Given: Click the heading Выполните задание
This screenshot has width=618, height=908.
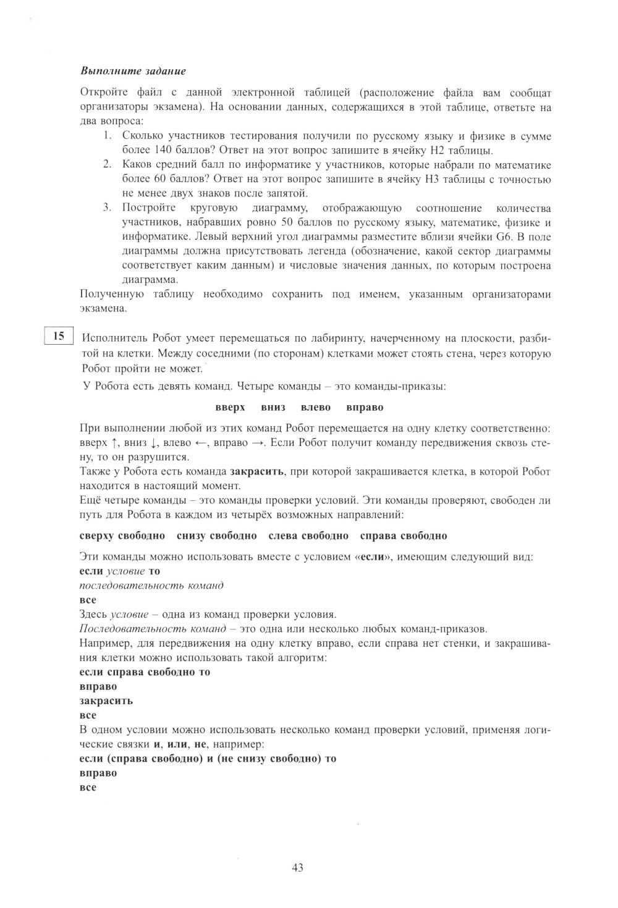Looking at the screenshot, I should pos(133,72).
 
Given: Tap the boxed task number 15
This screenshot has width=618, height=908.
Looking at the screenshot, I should pos(59,336).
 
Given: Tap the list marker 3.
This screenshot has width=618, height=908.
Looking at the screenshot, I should pos(107,208).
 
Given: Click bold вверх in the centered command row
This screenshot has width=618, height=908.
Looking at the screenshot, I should pos(230,408).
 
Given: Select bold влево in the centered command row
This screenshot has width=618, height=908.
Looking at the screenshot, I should pos(315,408).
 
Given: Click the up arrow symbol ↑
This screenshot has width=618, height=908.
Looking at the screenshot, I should pos(114,443).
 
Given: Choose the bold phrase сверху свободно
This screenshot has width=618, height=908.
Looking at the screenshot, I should pos(122,536).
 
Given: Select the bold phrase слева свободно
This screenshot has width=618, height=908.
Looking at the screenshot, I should pos(308,536).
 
